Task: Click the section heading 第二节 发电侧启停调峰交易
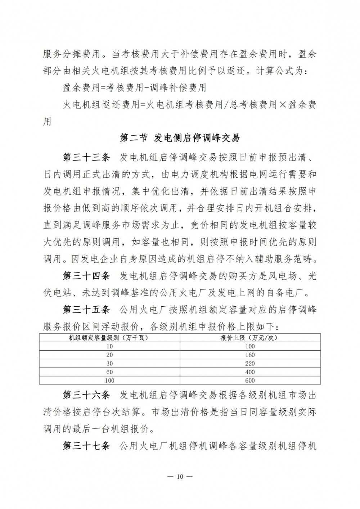(180, 138)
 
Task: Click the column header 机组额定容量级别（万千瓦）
(109, 338)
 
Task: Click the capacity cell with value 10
(109, 346)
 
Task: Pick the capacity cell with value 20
(109, 355)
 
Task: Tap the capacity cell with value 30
(109, 364)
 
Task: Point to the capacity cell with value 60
(109, 372)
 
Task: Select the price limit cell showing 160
(249, 355)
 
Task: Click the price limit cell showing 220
(249, 364)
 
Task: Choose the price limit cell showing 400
(249, 372)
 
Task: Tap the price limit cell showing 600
(249, 380)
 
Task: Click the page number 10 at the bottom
(180, 477)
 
